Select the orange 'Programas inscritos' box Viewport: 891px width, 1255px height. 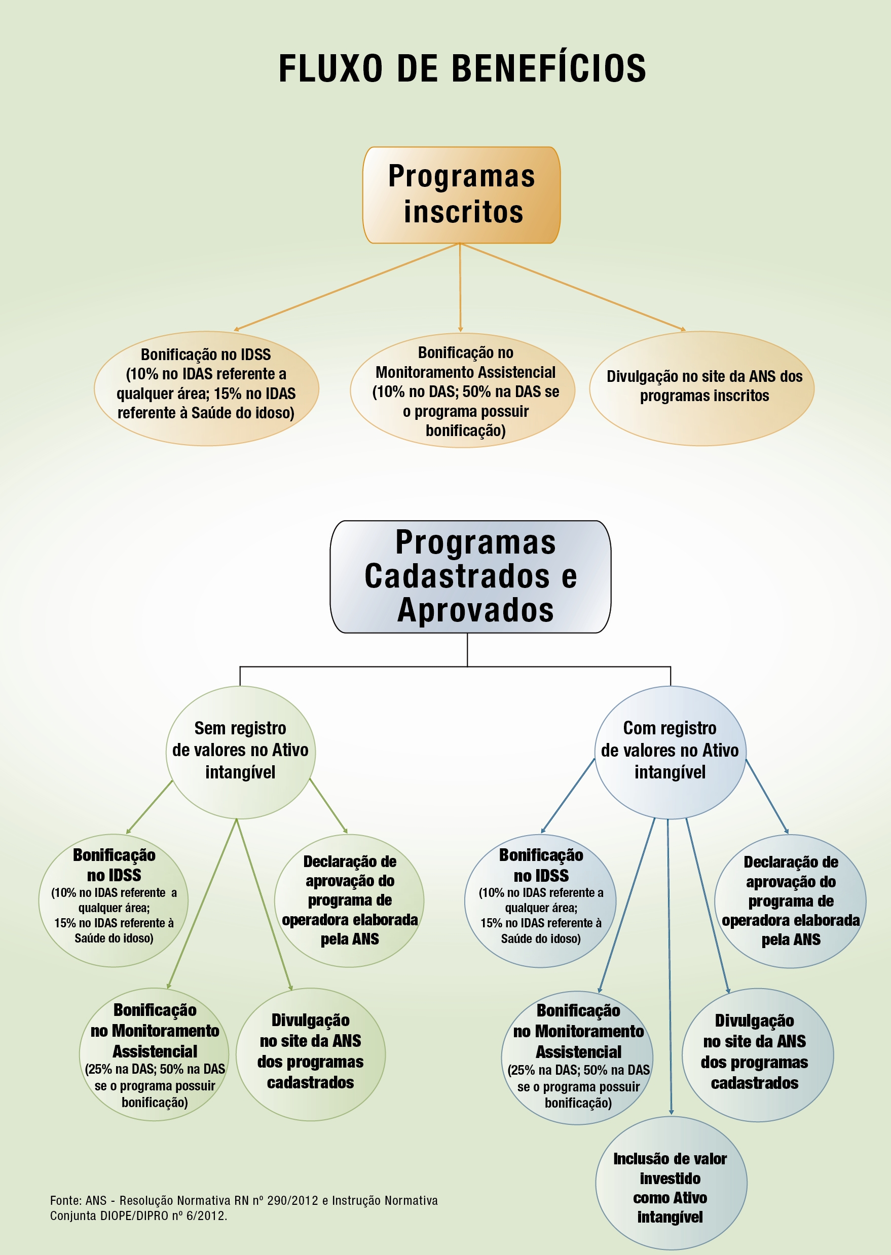(461, 194)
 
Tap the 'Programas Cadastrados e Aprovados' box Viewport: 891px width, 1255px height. (470, 576)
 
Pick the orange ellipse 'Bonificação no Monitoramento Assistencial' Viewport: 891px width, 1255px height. (463, 390)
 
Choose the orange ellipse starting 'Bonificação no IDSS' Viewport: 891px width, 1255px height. (206, 388)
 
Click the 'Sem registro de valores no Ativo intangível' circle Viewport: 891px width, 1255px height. (240, 752)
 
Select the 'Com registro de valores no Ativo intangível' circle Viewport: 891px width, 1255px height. (670, 752)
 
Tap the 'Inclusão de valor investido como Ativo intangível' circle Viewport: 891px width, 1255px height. (671, 1187)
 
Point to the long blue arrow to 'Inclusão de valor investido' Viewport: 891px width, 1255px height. (669, 965)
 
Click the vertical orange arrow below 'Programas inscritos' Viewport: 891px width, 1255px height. (460, 288)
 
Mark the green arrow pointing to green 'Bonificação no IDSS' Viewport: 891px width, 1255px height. (149, 806)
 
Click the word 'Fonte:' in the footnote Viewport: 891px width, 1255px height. (65, 1201)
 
